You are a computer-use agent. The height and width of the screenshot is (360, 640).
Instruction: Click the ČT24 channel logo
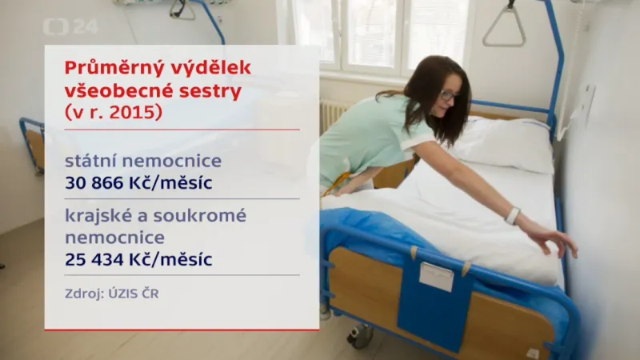70,26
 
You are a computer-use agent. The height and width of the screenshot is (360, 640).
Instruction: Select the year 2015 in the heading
135,112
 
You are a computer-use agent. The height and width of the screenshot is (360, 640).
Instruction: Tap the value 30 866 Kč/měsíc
138,182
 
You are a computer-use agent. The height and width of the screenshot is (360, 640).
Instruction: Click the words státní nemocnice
143,162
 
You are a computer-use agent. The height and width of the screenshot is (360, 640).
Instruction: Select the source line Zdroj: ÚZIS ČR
112,294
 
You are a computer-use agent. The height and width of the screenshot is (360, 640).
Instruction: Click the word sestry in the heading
211,90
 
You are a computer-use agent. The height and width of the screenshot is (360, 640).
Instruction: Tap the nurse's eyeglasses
448,95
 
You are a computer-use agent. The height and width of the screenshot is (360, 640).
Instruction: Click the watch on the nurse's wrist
512,215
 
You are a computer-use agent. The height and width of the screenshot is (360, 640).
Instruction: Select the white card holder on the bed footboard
436,276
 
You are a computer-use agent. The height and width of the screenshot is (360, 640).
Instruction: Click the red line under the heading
182,129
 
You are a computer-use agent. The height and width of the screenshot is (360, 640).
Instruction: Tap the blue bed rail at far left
31,144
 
